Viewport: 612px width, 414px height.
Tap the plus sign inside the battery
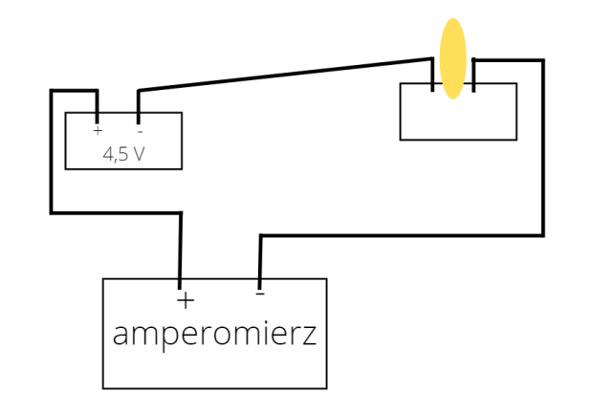coord(98,130)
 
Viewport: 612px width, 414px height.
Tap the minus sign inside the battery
coord(140,130)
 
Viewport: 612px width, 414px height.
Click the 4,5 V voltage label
coord(123,153)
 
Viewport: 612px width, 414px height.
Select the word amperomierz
coord(214,335)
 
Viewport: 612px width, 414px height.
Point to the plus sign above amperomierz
coord(186,300)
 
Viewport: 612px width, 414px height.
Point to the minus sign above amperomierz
coord(260,294)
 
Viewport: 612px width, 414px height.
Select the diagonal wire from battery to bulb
coord(287,76)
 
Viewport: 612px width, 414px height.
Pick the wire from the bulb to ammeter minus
coord(542,153)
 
